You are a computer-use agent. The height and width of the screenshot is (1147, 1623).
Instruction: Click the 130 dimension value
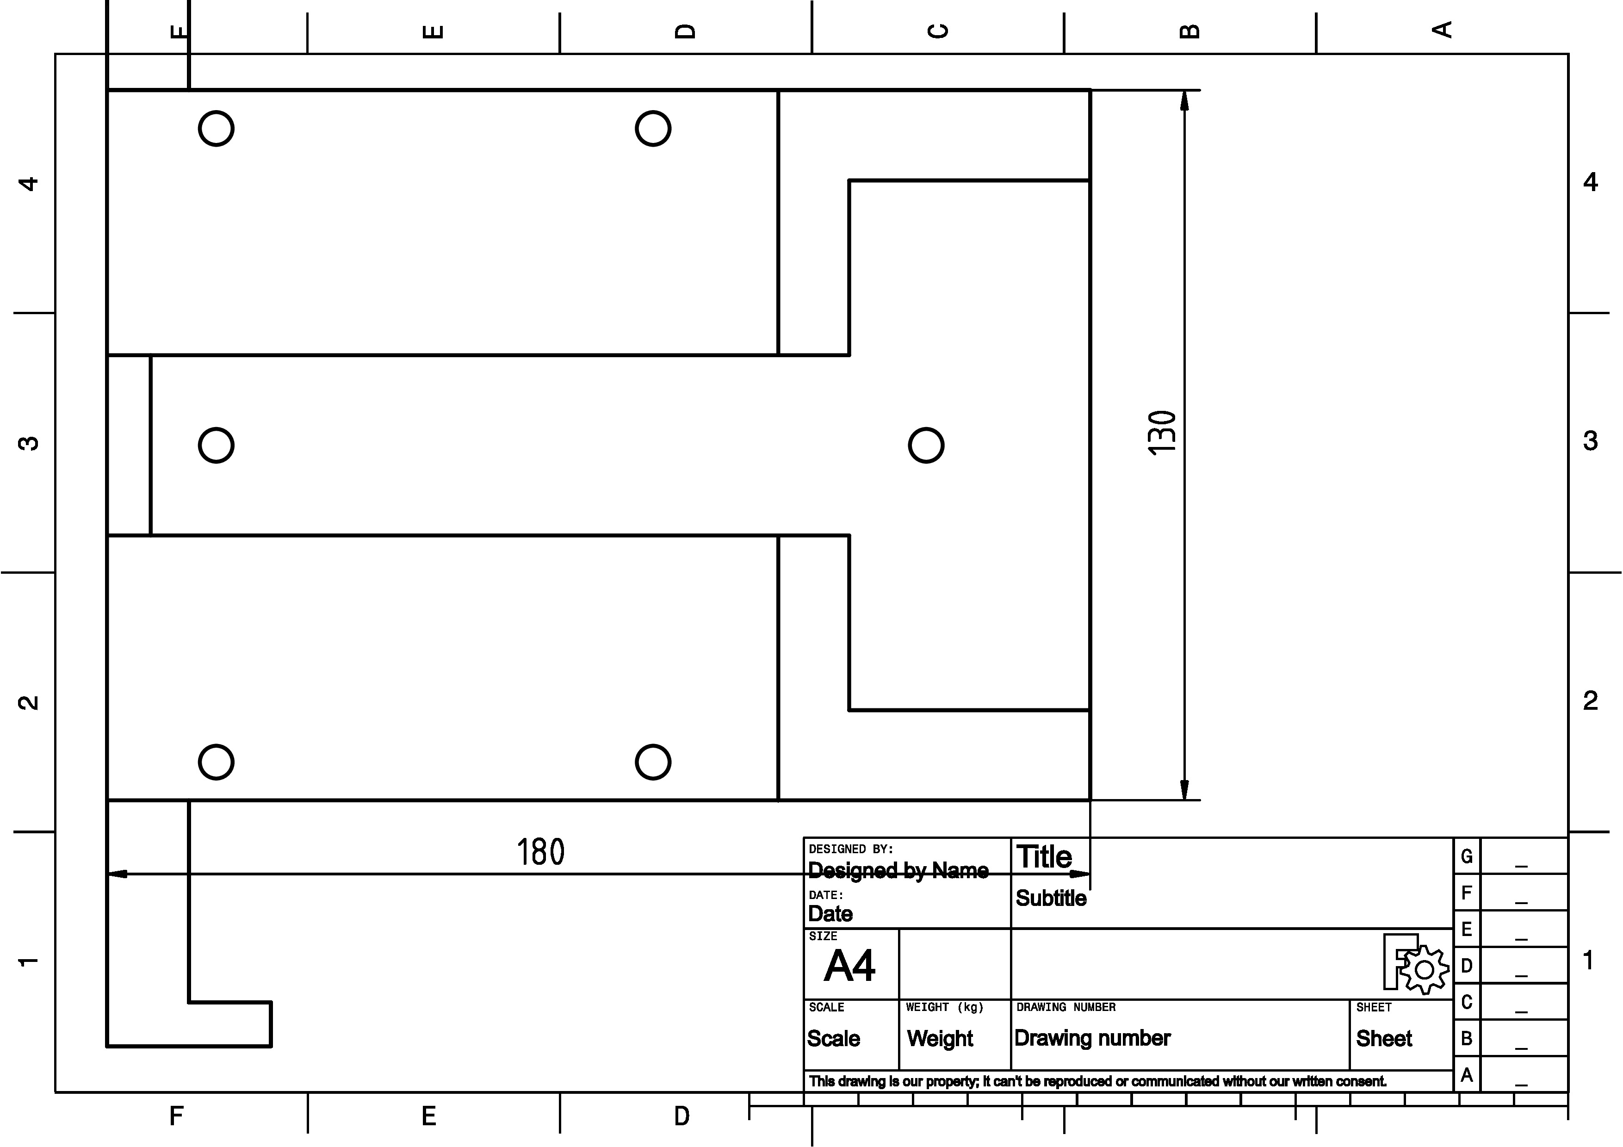pyautogui.click(x=1162, y=433)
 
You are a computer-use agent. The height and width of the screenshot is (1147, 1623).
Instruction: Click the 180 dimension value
pyautogui.click(x=541, y=852)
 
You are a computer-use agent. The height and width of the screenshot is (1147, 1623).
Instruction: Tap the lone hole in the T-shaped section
pyautogui.click(x=926, y=445)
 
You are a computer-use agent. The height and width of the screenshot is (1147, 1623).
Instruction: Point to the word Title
pyautogui.click(x=1044, y=857)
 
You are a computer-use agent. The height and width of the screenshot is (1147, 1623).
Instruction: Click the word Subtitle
pyautogui.click(x=1051, y=898)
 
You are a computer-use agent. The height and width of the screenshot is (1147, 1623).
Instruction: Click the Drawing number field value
pyautogui.click(x=1093, y=1038)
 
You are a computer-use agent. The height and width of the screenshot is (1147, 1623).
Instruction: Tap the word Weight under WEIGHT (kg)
pyautogui.click(x=940, y=1039)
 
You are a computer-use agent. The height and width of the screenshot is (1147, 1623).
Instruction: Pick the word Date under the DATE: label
pyautogui.click(x=830, y=914)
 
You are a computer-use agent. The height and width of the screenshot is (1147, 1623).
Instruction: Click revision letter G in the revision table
pyautogui.click(x=1467, y=856)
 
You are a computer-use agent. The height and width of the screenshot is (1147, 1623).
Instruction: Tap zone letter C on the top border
pyautogui.click(x=938, y=31)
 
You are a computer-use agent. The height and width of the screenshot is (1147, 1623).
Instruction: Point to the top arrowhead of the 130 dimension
pyautogui.click(x=1185, y=101)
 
